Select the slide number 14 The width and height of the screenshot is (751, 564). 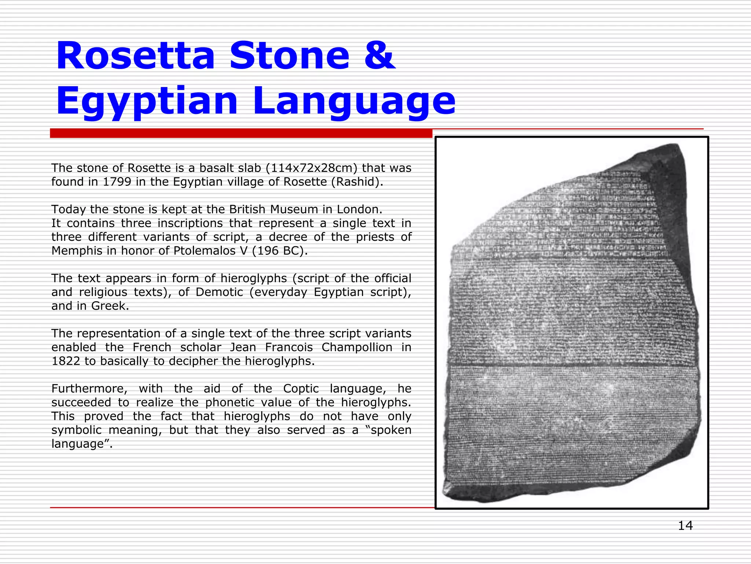[x=685, y=526]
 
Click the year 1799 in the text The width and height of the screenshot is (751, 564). [x=117, y=182]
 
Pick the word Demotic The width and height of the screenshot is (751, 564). [x=219, y=292]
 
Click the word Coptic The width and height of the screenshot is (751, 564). [x=301, y=389]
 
